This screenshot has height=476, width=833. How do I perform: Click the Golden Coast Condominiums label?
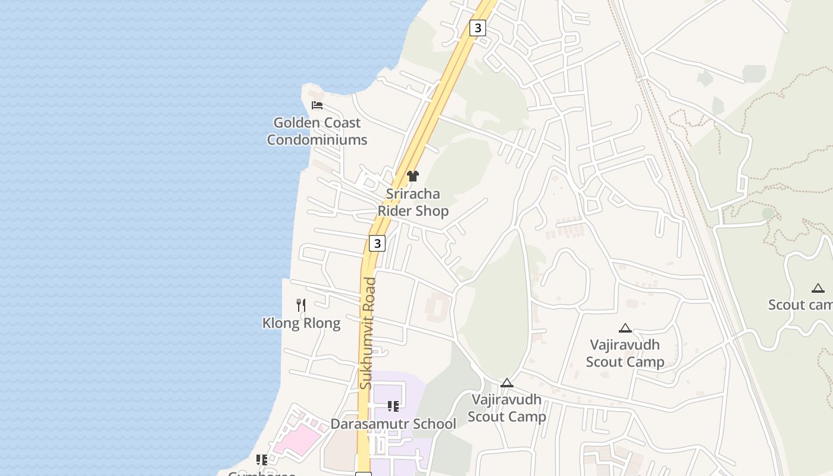point(317,131)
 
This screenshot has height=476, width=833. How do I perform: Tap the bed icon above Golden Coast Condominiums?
point(317,105)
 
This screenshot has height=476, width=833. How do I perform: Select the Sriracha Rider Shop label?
point(413,202)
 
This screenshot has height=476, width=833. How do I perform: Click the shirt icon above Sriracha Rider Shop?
point(413,176)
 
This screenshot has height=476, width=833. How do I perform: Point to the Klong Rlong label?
point(301,323)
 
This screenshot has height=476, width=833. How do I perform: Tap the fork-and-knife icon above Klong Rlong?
point(301,305)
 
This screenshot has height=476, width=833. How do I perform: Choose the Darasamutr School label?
point(393,424)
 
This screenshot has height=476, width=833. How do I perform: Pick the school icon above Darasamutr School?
point(393,406)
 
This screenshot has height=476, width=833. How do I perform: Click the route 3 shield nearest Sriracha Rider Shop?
point(377,243)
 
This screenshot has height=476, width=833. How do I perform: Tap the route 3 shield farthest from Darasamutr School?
point(477,27)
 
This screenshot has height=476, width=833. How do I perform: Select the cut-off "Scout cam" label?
point(800,305)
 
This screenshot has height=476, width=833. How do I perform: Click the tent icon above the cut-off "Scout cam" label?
point(818,288)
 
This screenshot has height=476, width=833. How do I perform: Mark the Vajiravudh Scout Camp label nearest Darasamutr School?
point(506,408)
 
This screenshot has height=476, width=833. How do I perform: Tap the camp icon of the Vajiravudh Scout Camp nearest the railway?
point(625,328)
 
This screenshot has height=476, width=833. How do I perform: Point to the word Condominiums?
point(317,140)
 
